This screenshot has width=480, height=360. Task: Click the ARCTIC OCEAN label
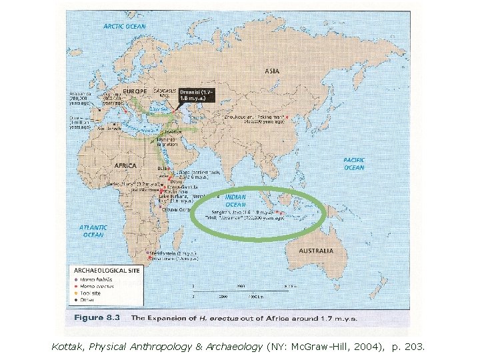(x=125, y=26)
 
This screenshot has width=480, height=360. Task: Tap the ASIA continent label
(x=271, y=70)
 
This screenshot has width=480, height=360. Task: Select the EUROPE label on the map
(x=135, y=90)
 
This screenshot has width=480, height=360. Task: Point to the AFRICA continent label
(x=126, y=165)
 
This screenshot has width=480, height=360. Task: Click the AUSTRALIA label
(x=315, y=251)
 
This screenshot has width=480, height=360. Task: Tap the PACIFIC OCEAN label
(x=353, y=163)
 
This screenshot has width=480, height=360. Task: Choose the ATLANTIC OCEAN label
(x=93, y=231)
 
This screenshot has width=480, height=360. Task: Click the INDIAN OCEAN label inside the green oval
(x=235, y=201)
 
